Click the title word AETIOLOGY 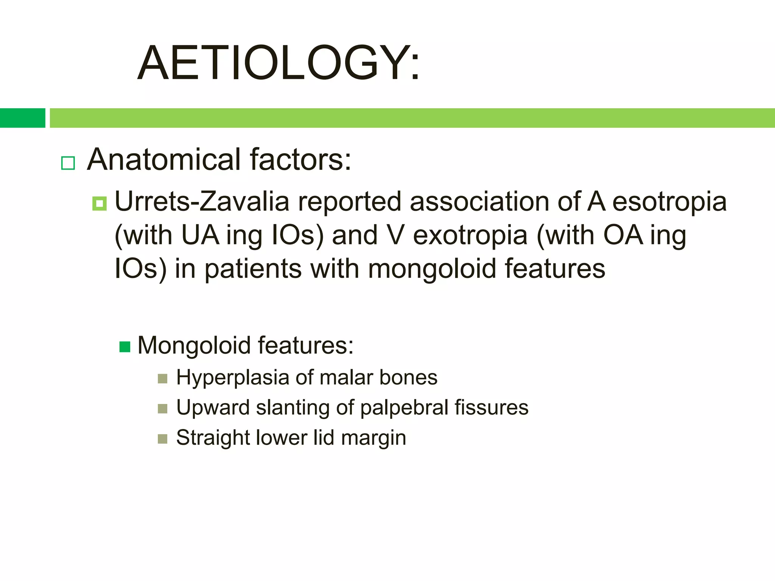pos(278,63)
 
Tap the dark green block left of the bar pos(22,118)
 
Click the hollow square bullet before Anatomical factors pos(68,163)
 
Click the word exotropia pos(470,235)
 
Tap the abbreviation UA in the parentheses pos(200,235)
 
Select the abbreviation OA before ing pos(623,235)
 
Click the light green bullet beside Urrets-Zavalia pos(100,204)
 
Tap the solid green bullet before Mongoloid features pos(125,346)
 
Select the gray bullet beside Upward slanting pos(162,409)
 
